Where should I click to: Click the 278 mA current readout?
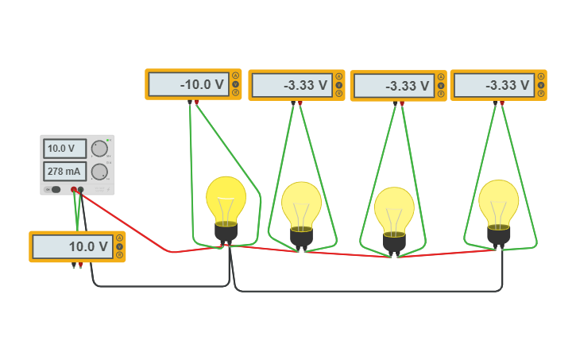tap(64, 172)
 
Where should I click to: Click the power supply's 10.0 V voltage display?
tap(64, 149)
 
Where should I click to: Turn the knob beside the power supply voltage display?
tap(99, 149)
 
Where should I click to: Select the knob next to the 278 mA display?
tap(99, 172)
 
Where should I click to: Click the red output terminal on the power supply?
tap(74, 189)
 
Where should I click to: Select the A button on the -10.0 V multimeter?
tap(235, 76)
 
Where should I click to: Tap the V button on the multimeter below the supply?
tap(119, 246)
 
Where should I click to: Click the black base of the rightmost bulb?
tap(499, 234)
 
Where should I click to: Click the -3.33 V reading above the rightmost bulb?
tap(493, 85)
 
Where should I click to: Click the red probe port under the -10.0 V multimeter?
tap(197, 102)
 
